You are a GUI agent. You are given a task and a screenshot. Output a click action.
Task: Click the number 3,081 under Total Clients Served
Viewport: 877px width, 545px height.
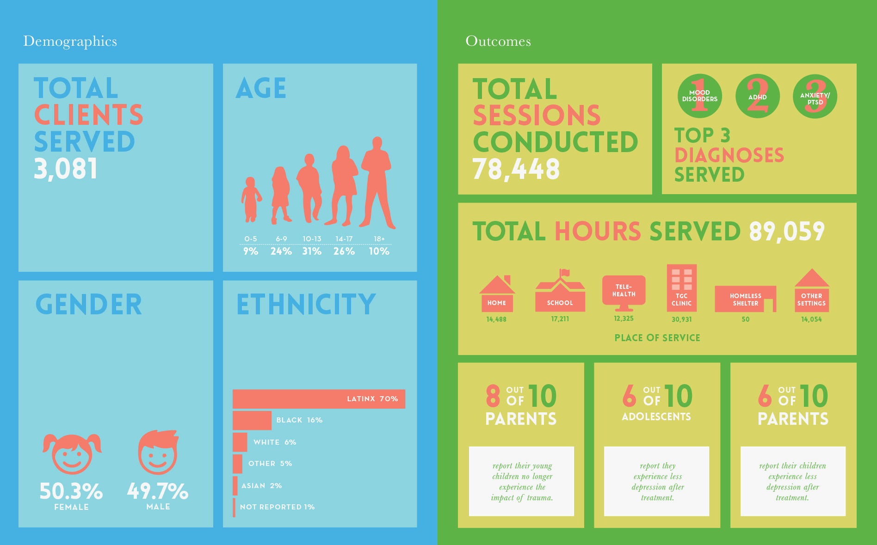coord(66,169)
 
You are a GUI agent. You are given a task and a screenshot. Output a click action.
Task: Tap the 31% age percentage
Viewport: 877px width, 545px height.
coord(312,251)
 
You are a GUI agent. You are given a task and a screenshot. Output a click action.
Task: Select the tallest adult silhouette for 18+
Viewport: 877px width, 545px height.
coord(377,183)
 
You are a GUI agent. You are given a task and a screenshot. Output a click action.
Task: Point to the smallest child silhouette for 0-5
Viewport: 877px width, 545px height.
coord(251,199)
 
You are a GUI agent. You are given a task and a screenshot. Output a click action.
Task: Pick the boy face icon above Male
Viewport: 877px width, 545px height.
coord(158,453)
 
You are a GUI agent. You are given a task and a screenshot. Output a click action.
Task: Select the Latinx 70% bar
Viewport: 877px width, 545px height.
coord(319,399)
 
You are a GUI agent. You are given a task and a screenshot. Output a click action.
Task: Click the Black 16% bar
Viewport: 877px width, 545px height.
coord(252,420)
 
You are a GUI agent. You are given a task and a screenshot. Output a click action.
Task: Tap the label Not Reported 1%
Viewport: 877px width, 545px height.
coord(277,507)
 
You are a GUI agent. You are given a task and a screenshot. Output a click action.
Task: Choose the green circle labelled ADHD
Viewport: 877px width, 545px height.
coord(757,97)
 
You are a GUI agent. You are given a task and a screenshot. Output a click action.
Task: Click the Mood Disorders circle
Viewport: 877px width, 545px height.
coord(699,96)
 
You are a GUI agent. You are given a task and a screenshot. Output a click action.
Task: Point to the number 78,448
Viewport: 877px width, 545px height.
coord(516,169)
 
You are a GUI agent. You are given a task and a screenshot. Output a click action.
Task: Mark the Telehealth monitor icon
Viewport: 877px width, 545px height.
coord(624,292)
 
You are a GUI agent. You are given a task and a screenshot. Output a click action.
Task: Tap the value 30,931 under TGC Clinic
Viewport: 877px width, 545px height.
coord(681,319)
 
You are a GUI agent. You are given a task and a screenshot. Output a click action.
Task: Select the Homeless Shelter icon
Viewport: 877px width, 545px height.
coord(745,299)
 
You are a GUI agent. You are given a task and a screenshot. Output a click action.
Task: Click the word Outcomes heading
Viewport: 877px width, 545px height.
coord(498,41)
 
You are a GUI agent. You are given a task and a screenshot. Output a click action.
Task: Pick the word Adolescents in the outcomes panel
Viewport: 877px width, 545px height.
coord(656,417)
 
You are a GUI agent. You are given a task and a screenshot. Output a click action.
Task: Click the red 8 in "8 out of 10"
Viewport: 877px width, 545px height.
coord(493,396)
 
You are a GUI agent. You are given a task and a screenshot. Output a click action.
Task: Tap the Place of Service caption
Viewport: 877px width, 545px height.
coord(657,338)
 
